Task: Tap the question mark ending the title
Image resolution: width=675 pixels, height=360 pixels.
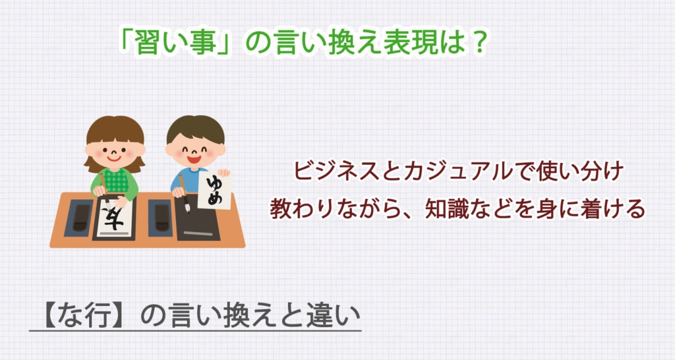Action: [479, 44]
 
